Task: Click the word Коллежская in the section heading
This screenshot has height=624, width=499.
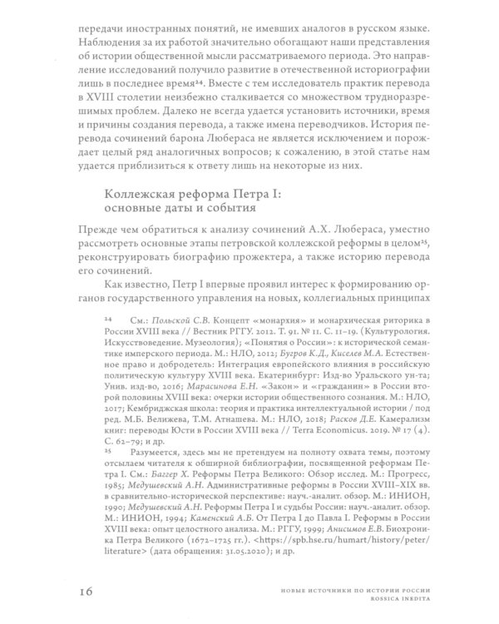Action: (136, 194)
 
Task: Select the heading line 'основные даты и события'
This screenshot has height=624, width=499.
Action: (170, 210)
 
